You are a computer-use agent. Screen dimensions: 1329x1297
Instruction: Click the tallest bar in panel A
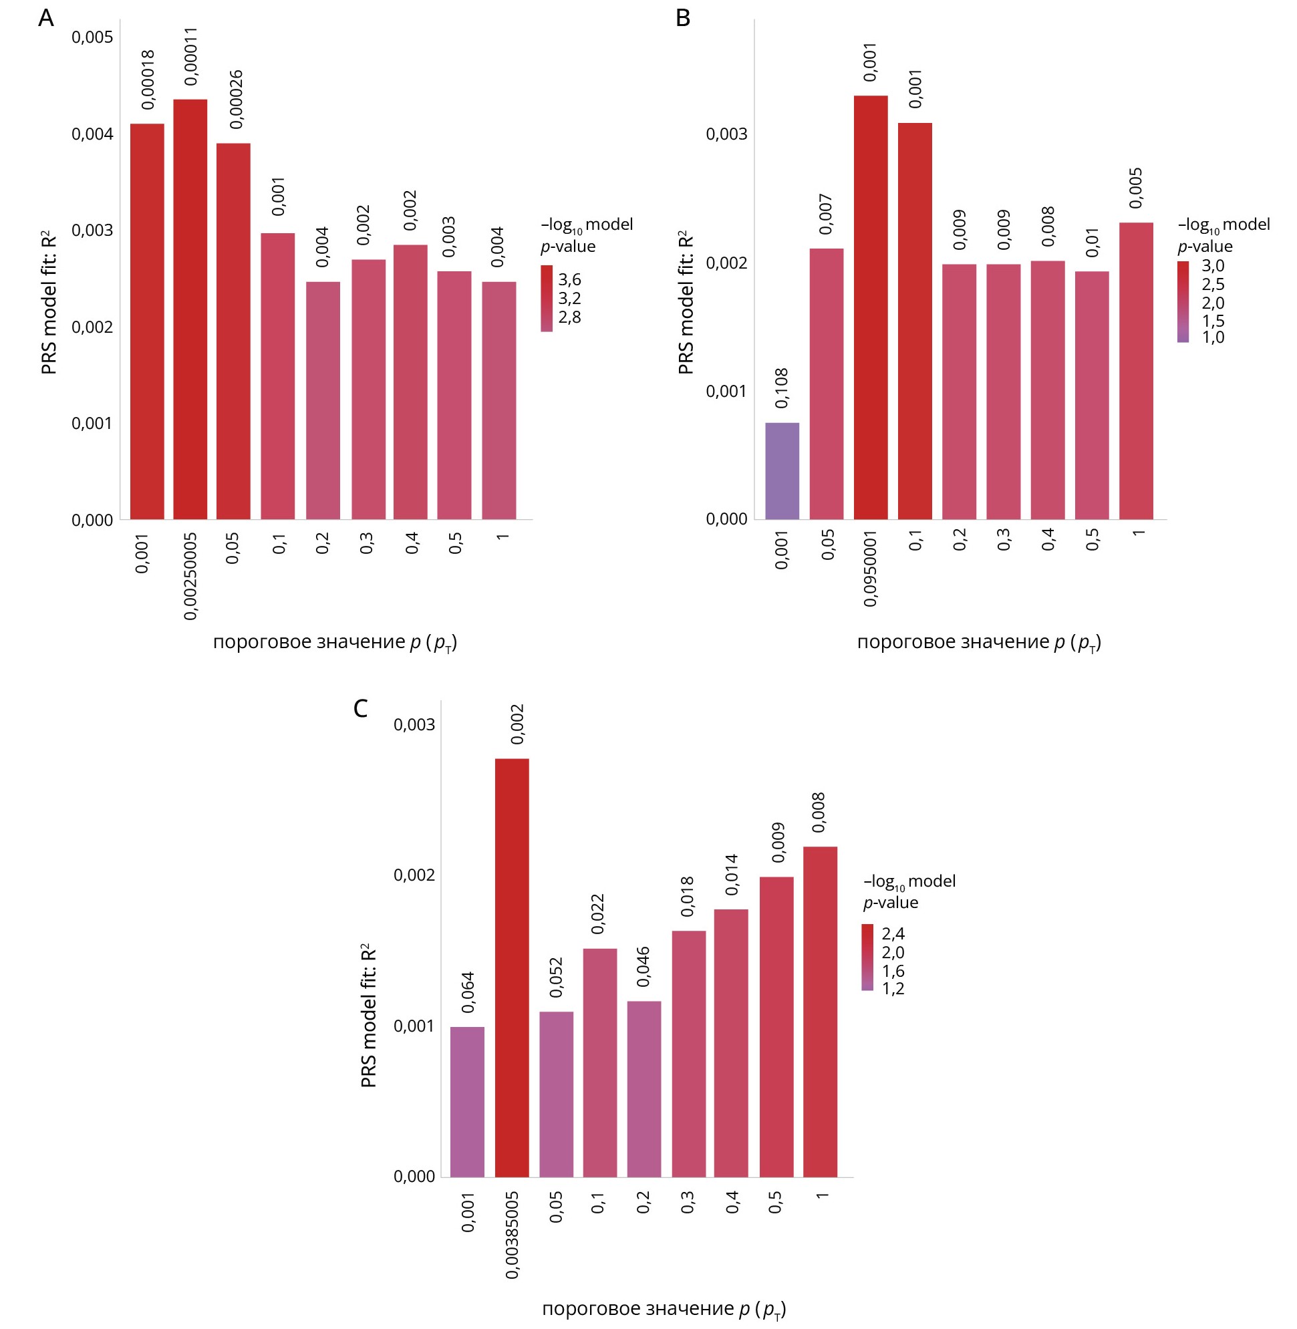pyautogui.click(x=190, y=310)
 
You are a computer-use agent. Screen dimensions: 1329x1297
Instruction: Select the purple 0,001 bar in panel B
pyautogui.click(x=782, y=471)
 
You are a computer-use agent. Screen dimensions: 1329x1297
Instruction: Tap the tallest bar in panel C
pyautogui.click(x=512, y=968)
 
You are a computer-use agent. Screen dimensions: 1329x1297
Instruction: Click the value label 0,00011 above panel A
pyautogui.click(x=190, y=56)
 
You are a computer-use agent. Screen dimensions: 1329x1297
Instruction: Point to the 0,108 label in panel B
pyautogui.click(x=782, y=388)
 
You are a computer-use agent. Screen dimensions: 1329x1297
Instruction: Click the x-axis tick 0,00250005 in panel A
pyautogui.click(x=190, y=576)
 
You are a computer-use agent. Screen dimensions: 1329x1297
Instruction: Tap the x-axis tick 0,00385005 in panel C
pyautogui.click(x=513, y=1234)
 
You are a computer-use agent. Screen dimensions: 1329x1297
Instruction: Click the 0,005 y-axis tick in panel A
pyautogui.click(x=92, y=37)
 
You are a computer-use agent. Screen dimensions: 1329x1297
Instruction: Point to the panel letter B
pyautogui.click(x=682, y=19)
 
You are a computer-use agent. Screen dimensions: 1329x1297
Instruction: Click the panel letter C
pyautogui.click(x=360, y=708)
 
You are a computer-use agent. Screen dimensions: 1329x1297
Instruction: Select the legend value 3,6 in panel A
pyautogui.click(x=569, y=279)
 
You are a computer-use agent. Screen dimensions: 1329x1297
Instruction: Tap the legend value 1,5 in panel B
pyautogui.click(x=1213, y=320)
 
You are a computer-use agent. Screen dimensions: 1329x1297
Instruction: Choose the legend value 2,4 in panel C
pyautogui.click(x=893, y=933)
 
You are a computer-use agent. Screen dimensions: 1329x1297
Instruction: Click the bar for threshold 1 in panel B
pyautogui.click(x=1135, y=372)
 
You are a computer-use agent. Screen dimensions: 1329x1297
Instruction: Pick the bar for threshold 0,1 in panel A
pyautogui.click(x=277, y=376)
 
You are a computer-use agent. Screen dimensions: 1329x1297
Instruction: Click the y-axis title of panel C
pyautogui.click(x=369, y=1015)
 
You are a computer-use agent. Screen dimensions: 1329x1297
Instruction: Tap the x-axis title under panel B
pyautogui.click(x=979, y=642)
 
